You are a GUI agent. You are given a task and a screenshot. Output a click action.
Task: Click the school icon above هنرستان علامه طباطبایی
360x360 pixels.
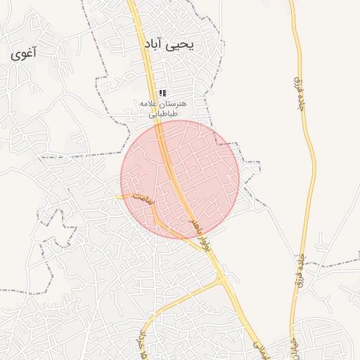(162, 93)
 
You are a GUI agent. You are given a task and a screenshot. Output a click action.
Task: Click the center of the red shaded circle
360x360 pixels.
(180, 179)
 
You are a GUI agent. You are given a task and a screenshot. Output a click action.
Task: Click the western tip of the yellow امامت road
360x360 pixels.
(116, 196)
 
